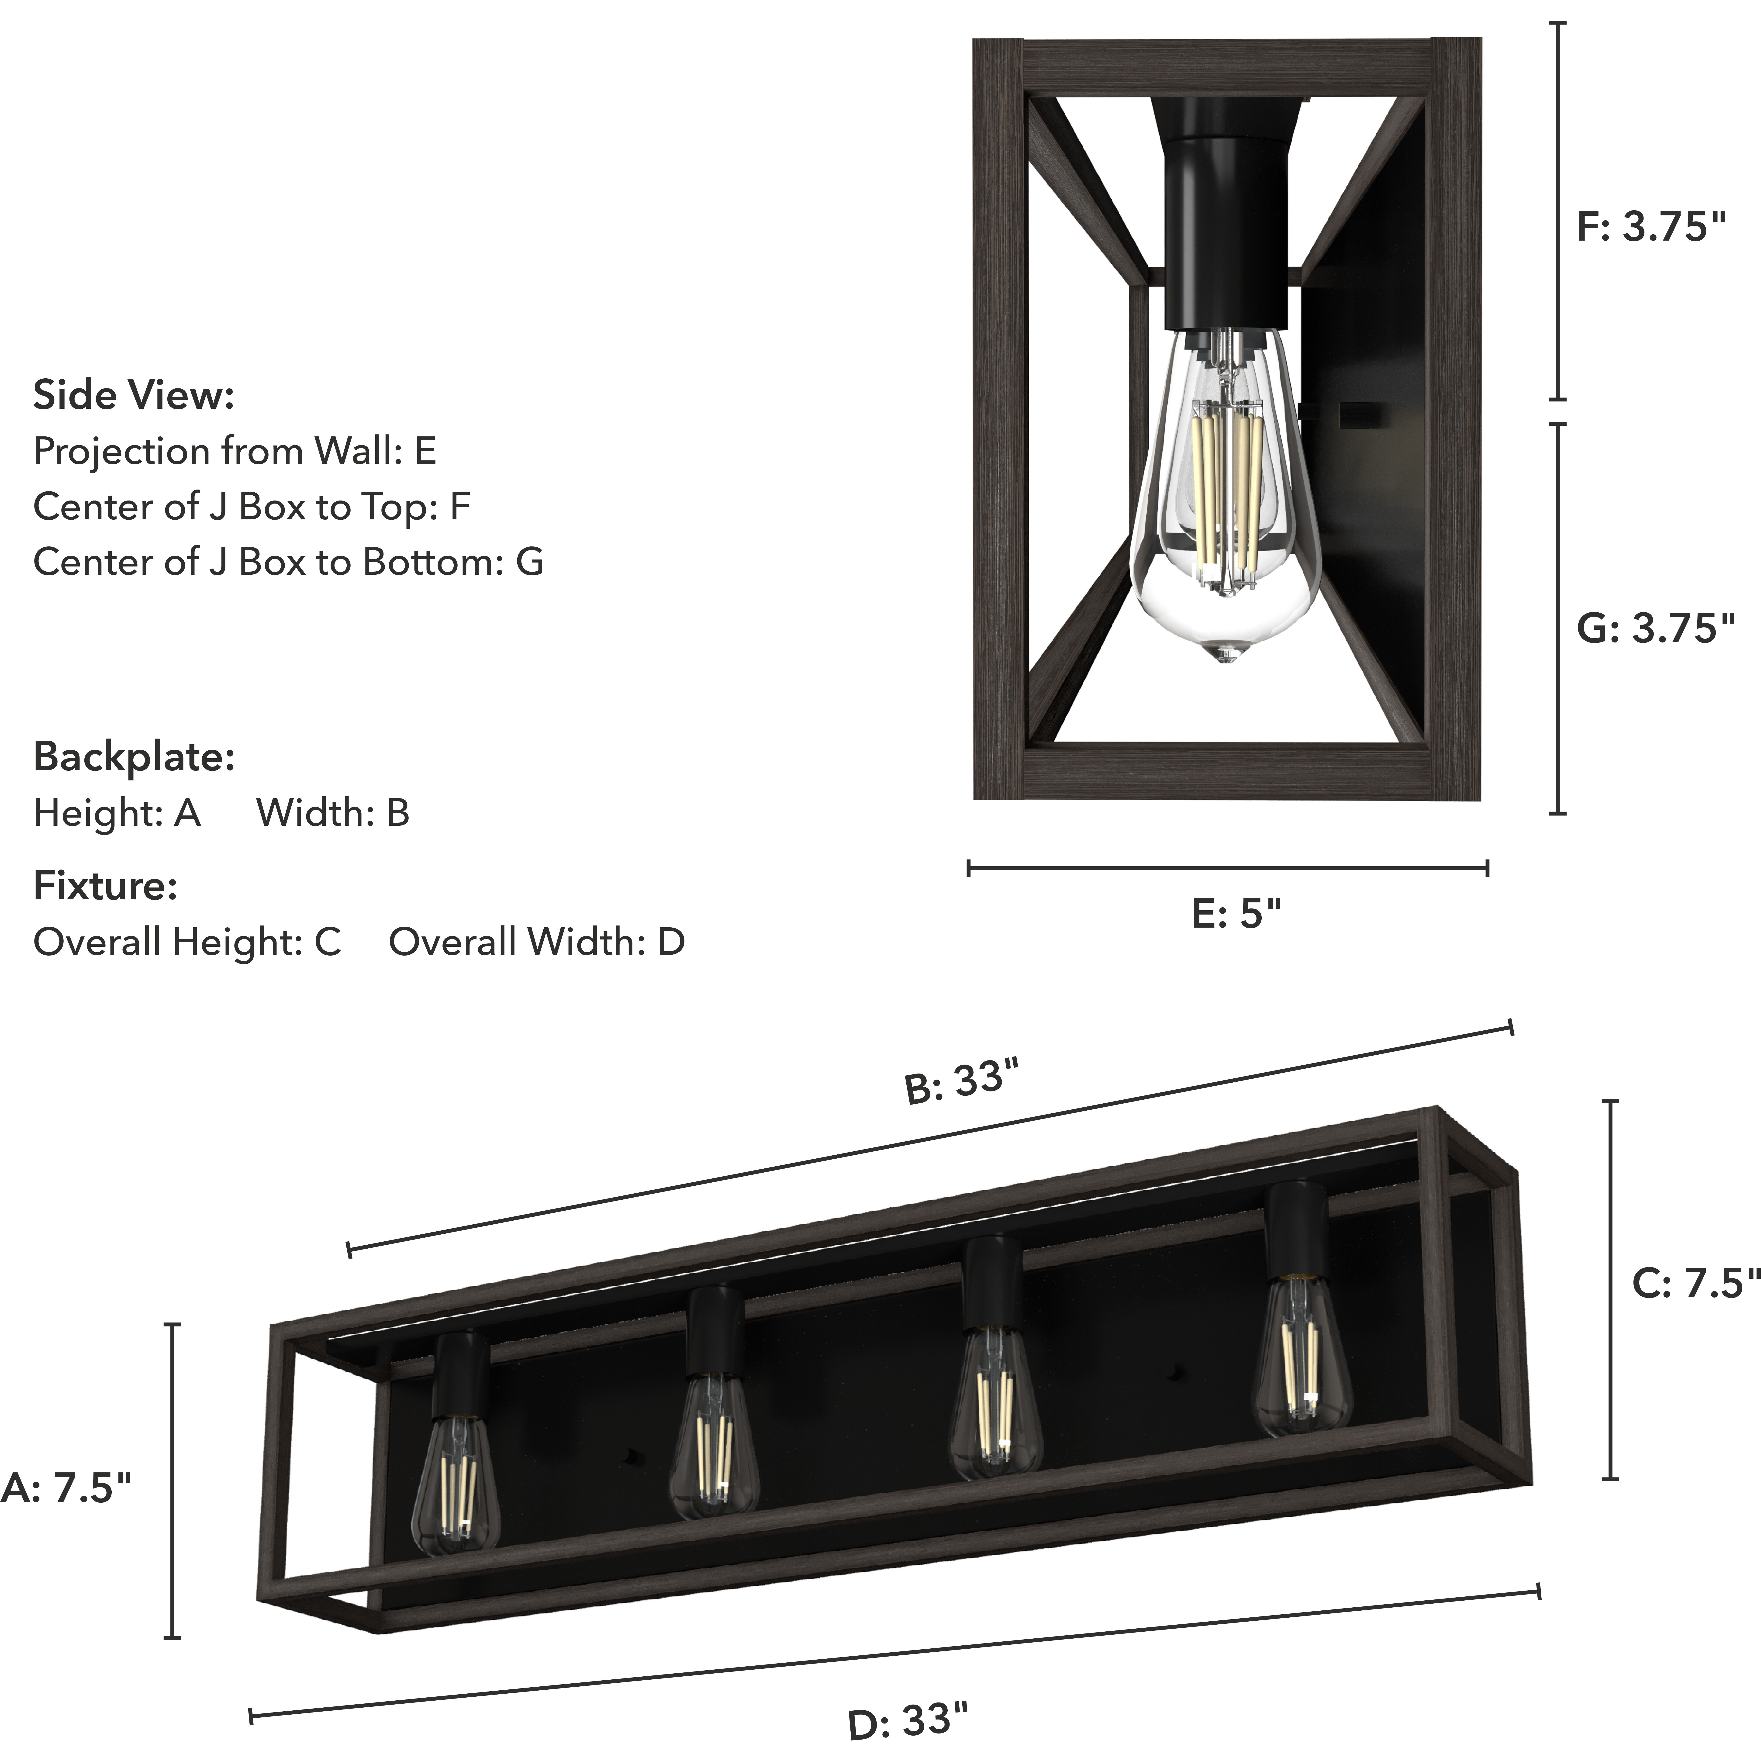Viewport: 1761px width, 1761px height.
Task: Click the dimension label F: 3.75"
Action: [1651, 227]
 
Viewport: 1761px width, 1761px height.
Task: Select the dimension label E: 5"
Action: [1236, 913]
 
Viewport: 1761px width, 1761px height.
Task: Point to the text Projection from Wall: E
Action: [234, 451]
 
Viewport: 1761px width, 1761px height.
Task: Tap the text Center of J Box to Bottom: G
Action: [288, 562]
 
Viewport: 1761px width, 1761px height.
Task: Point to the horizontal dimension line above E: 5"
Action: [1227, 868]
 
